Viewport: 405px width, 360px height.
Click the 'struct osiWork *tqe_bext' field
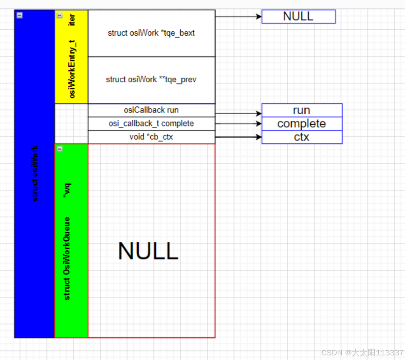[151, 33]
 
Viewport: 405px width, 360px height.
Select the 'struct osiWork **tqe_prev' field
[151, 80]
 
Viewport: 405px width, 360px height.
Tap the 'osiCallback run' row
[151, 110]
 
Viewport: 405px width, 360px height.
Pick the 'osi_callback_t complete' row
[151, 124]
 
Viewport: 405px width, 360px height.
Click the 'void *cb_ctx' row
[151, 137]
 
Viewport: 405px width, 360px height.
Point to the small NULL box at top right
[298, 17]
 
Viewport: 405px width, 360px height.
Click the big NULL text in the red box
[148, 251]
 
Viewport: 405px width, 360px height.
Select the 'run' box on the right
[301, 110]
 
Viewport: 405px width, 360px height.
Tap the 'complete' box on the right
[301, 124]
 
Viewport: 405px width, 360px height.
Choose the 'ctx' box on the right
[301, 137]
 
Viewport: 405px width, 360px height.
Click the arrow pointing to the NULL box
[238, 17]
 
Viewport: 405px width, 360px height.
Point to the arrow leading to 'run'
[238, 114]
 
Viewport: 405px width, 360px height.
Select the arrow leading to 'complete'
[238, 124]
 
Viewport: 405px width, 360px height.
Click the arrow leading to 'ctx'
[238, 137]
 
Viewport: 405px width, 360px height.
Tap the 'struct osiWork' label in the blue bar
[35, 174]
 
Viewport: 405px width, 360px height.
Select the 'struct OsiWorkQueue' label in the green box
[67, 259]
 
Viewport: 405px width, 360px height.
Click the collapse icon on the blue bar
[19, 15]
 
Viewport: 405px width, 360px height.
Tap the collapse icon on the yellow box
[59, 15]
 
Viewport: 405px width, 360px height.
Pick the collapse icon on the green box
[59, 149]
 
